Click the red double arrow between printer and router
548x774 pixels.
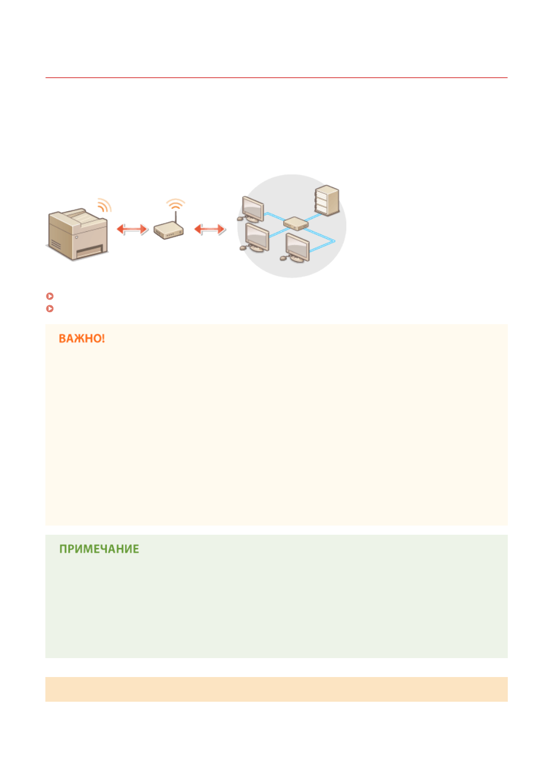(133, 229)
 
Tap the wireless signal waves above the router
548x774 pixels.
(175, 204)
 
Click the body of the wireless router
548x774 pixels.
(168, 231)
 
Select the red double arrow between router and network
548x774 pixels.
(210, 229)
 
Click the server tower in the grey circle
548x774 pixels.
(327, 200)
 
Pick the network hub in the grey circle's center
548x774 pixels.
(295, 224)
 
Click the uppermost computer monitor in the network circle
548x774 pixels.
(251, 209)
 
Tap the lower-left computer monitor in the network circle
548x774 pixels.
(255, 238)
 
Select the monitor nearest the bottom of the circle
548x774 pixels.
(296, 248)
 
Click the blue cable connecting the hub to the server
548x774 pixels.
(312, 217)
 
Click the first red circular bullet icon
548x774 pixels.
(50, 296)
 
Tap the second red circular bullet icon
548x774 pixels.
(50, 309)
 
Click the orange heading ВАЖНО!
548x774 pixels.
(82, 339)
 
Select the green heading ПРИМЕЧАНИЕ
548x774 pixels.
(99, 549)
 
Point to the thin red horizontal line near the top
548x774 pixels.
(276, 78)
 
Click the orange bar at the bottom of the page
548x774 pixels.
(276, 689)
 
